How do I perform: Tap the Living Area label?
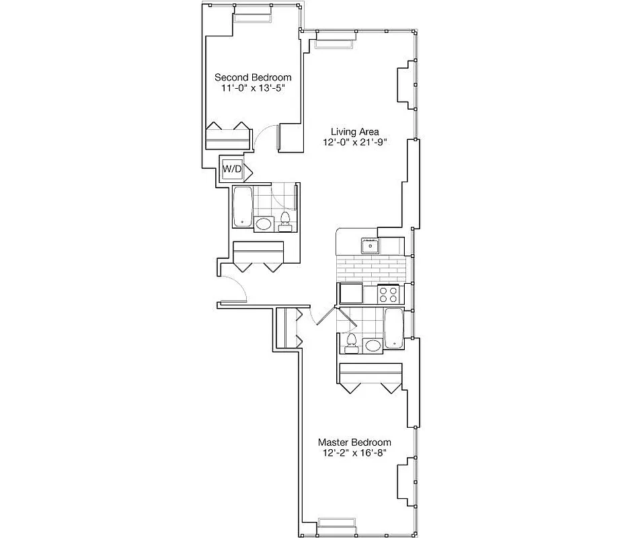[x=354, y=131]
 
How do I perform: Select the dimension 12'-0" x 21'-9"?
[x=354, y=142]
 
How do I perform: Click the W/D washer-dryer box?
[x=232, y=169]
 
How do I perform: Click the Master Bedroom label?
[x=354, y=442]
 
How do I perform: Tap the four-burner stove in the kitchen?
[x=389, y=293]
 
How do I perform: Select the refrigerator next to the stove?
[x=350, y=293]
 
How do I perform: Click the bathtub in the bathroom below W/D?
[x=242, y=207]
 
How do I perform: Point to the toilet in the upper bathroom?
[x=285, y=220]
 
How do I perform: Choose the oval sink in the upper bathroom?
[x=264, y=224]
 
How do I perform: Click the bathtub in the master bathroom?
[x=393, y=328]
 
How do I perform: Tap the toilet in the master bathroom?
[x=350, y=344]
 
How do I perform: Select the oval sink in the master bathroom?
[x=372, y=346]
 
